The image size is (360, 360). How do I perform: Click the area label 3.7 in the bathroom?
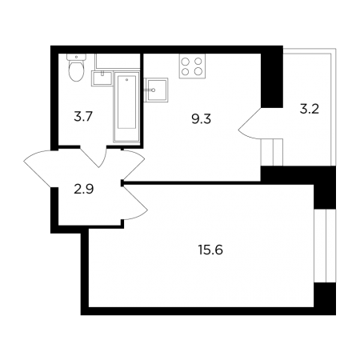click(x=83, y=117)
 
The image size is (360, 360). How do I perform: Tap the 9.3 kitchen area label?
click(x=202, y=119)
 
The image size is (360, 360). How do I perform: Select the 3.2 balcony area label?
click(x=310, y=110)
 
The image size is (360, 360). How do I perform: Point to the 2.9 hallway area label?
click(x=84, y=190)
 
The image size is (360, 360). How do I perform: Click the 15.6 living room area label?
click(x=210, y=250)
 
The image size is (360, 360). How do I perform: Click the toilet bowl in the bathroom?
click(x=77, y=71)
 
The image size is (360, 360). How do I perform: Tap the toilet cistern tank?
click(x=77, y=58)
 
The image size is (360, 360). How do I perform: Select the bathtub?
click(x=126, y=106)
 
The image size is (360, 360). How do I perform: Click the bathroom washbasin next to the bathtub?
click(x=102, y=78)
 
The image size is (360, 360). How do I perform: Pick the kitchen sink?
click(x=157, y=90)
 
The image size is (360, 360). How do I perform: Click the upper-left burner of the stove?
click(x=186, y=62)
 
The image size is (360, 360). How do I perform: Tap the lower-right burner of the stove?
click(x=198, y=71)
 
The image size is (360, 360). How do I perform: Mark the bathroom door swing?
click(x=94, y=158)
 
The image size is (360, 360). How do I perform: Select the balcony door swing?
click(x=250, y=124)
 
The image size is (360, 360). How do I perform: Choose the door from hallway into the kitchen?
click(x=134, y=164)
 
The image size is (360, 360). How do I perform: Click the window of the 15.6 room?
click(x=325, y=246)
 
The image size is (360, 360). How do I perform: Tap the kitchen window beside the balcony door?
click(x=272, y=152)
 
